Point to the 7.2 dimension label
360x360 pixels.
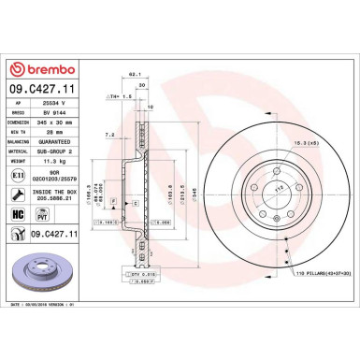(109, 135)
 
